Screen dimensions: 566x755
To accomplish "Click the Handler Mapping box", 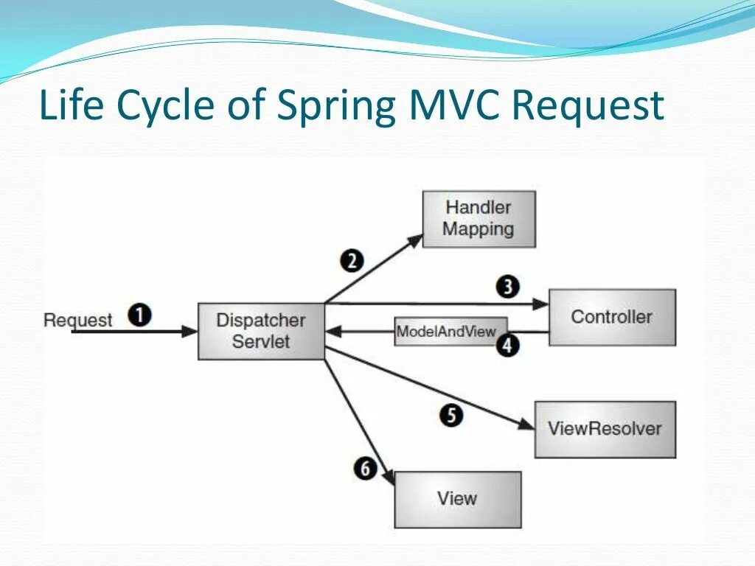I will pos(479,219).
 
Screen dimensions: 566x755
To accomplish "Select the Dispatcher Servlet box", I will pos(261,331).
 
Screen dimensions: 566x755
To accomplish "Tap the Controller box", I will pos(612,317).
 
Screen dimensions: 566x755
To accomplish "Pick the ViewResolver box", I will pos(605,429).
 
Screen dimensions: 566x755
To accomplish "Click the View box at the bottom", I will pos(458,499).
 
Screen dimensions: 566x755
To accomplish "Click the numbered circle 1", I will pos(140,315).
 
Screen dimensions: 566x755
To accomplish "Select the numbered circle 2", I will pos(352,260).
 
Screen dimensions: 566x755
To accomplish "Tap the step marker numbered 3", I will pos(507,287).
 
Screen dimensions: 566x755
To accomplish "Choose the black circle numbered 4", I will pos(507,345).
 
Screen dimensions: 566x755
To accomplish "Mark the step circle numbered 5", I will pos(452,416).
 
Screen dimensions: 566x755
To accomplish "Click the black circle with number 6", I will pos(365,469).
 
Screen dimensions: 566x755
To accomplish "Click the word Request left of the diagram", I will pos(77,320).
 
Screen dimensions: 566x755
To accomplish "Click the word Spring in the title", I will pos(337,105).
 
